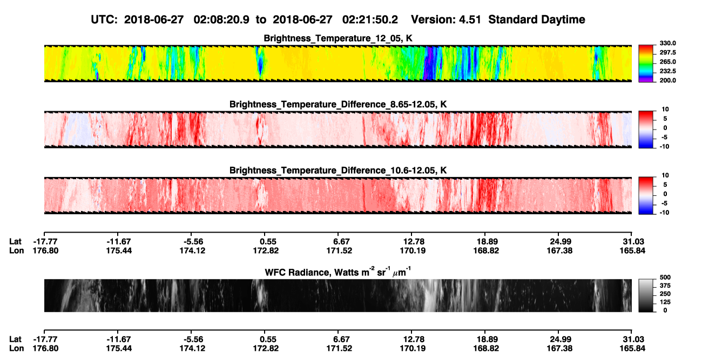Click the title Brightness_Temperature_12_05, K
click(338, 38)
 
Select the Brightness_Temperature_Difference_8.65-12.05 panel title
click(338, 104)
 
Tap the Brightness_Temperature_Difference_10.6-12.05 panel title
click(338, 171)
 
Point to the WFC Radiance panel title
click(338, 271)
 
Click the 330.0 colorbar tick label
click(667, 43)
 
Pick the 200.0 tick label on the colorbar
click(667, 80)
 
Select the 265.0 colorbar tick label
click(667, 62)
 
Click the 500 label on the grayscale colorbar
click(665, 277)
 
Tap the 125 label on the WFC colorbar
click(665, 302)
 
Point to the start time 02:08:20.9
click(221, 19)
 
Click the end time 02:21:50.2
click(370, 19)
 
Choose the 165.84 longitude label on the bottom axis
click(632, 348)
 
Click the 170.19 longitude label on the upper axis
click(413, 250)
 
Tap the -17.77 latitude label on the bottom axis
click(45, 339)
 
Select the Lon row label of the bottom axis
click(16, 348)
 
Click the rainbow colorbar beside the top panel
click(646, 64)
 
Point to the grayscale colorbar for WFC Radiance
click(646, 295)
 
